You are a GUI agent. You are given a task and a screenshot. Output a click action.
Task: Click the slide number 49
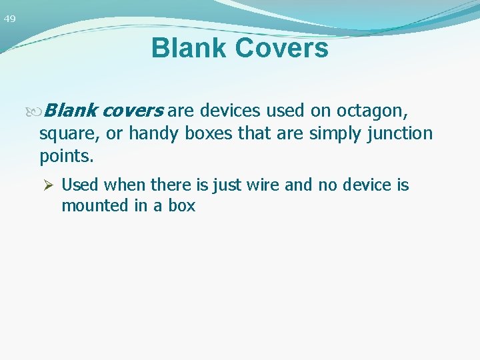(9, 19)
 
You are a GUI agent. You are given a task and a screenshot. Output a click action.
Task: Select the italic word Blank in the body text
(73, 109)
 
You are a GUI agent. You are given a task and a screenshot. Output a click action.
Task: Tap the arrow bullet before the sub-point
(49, 185)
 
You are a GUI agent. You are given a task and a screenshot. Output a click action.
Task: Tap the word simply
(337, 134)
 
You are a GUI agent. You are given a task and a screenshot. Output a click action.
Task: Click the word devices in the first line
(230, 109)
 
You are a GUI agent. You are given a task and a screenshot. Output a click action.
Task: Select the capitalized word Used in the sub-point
(79, 185)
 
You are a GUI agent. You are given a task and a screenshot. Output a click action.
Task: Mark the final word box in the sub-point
(181, 205)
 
